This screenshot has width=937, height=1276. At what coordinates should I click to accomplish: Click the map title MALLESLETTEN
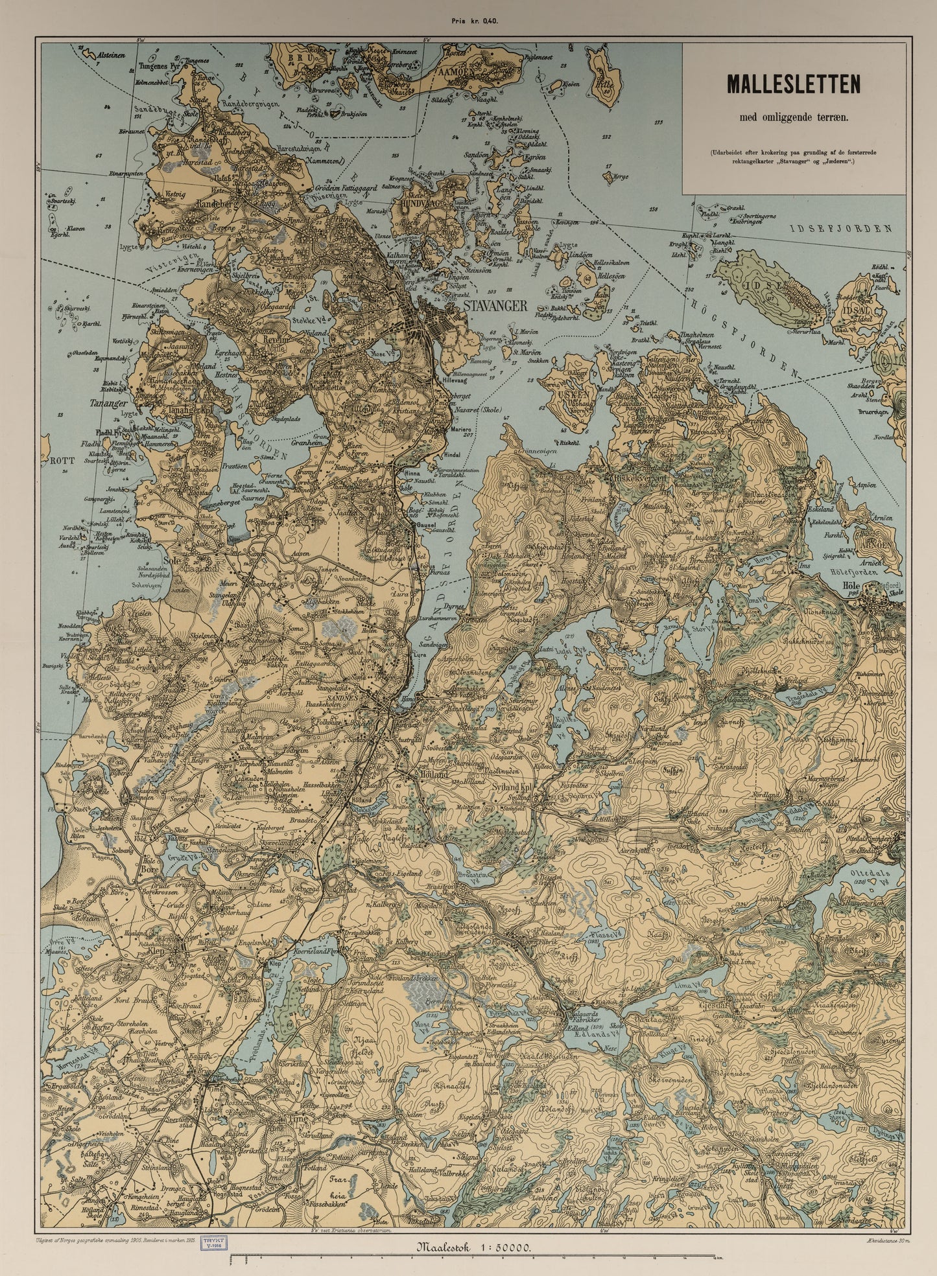coord(793,84)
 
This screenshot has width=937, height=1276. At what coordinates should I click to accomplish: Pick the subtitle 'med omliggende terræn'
coord(793,117)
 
